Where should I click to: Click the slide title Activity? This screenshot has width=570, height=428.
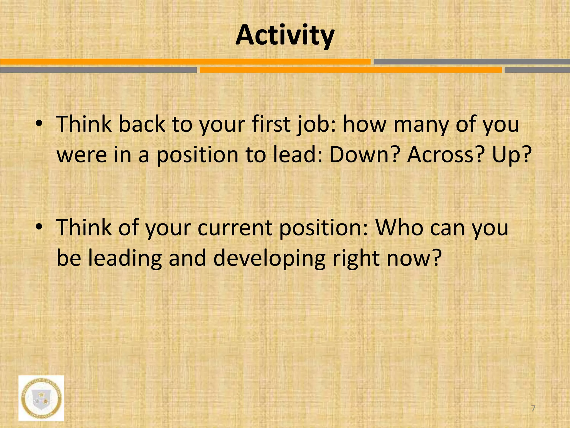tap(285, 36)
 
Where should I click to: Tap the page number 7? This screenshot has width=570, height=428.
tap(533, 408)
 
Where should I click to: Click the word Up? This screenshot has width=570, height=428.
tap(512, 155)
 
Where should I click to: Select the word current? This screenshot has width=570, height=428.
tap(235, 228)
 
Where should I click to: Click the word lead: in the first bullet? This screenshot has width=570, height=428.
tap(297, 155)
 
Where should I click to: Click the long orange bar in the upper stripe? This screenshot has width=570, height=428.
tap(185, 62)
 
